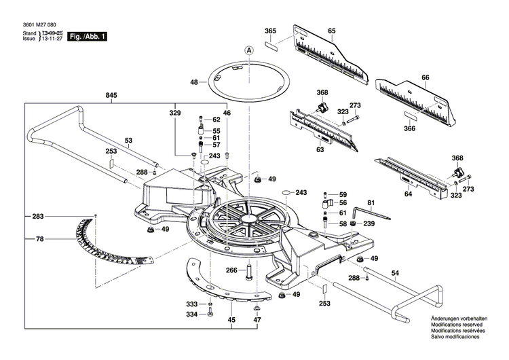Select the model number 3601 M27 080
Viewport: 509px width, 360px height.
coord(33,24)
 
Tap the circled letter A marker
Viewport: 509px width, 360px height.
coord(249,50)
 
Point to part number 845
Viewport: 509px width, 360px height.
coord(111,96)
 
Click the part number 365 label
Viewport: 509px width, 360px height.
coord(270,31)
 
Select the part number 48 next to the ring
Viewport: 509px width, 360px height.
coord(194,82)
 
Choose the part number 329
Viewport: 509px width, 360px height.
coord(176,113)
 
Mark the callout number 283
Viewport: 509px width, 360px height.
coord(37,217)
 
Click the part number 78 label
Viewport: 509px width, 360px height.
coord(40,239)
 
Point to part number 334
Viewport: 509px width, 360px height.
coord(192,314)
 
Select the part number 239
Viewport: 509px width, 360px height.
coord(368,223)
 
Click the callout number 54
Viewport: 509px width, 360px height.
coord(394,274)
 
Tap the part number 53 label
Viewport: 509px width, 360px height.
coord(128,141)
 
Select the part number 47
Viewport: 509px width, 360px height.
coord(257,319)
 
